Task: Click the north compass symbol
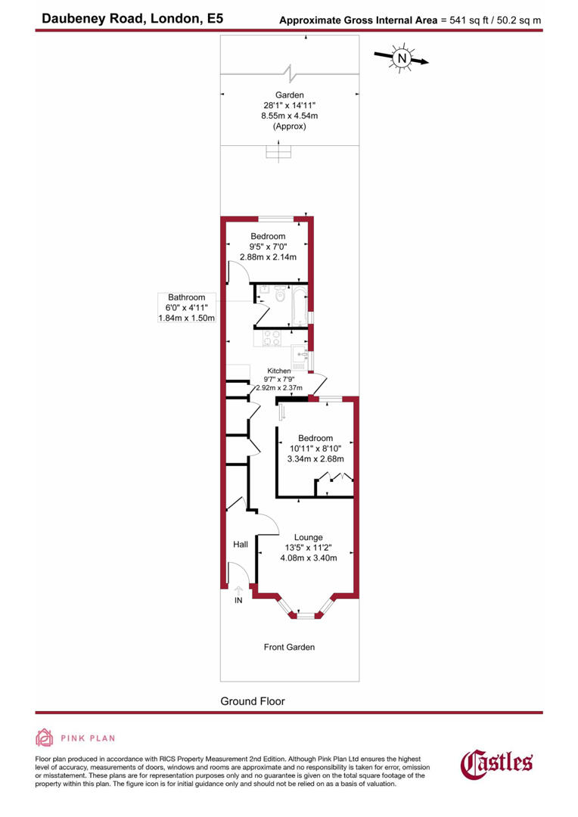(x=402, y=57)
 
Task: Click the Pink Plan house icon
(x=45, y=738)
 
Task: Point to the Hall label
(x=241, y=544)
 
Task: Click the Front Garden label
(x=289, y=647)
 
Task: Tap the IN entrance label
(x=238, y=601)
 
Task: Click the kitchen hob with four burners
(x=271, y=338)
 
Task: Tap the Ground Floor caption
(x=253, y=701)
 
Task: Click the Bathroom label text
(x=187, y=298)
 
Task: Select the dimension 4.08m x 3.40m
(x=309, y=558)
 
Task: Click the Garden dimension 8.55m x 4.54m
(x=289, y=116)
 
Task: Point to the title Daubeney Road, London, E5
(x=133, y=20)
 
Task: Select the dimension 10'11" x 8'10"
(x=315, y=449)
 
